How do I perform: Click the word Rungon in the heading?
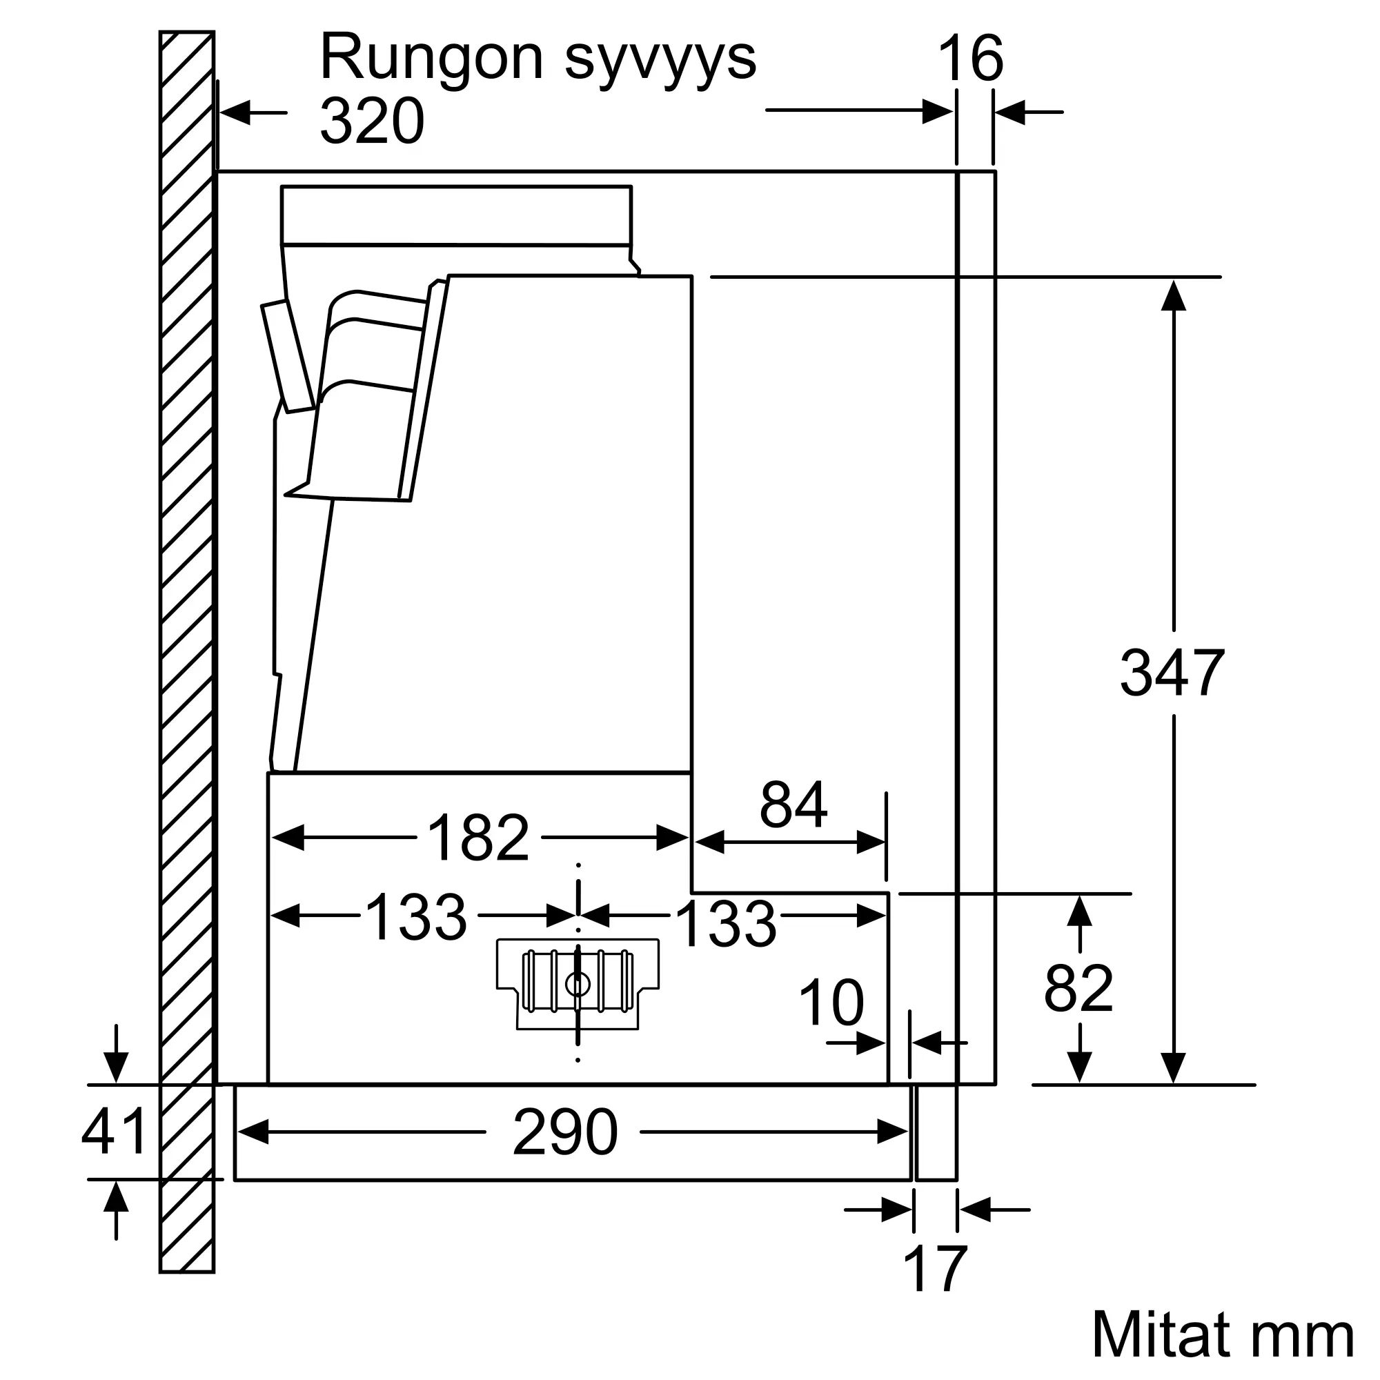431,57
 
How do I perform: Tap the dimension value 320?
371,121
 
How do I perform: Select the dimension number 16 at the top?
970,59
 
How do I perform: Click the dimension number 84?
793,805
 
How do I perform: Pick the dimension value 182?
478,838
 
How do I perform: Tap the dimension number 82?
1078,989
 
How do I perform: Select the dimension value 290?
564,1132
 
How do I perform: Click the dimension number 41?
115,1132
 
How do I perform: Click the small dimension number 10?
831,1003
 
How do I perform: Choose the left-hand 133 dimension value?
415,917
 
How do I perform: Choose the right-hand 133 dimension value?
726,925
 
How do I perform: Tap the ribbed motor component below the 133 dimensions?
577,983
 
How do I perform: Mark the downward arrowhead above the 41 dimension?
116,1067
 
